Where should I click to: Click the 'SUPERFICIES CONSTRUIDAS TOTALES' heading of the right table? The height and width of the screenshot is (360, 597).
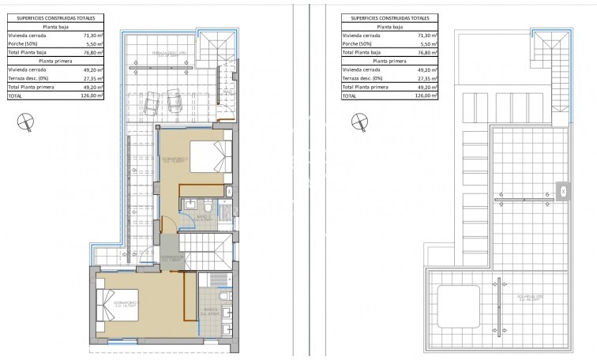(x=387, y=17)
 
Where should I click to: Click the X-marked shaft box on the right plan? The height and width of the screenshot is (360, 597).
(x=563, y=189)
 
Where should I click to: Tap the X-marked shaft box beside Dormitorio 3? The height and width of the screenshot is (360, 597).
(x=229, y=190)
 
